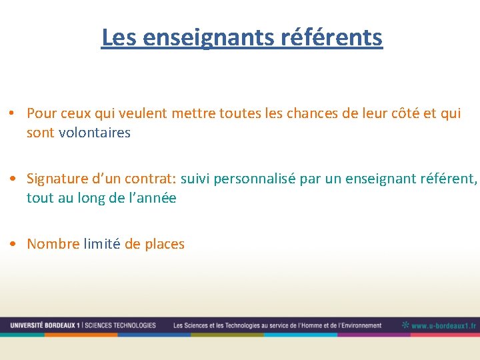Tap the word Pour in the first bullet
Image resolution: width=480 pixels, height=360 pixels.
(42, 113)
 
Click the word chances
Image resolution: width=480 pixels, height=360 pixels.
(312, 113)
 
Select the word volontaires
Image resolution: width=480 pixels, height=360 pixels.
(95, 133)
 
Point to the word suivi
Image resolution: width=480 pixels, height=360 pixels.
(195, 179)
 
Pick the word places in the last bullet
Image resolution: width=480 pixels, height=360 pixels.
(164, 244)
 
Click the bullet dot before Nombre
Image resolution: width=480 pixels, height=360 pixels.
(13, 245)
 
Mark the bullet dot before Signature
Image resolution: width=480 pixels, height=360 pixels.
(13, 179)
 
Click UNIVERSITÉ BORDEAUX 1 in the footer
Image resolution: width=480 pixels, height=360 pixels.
(45, 325)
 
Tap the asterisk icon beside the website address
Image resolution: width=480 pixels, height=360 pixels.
(405, 325)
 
